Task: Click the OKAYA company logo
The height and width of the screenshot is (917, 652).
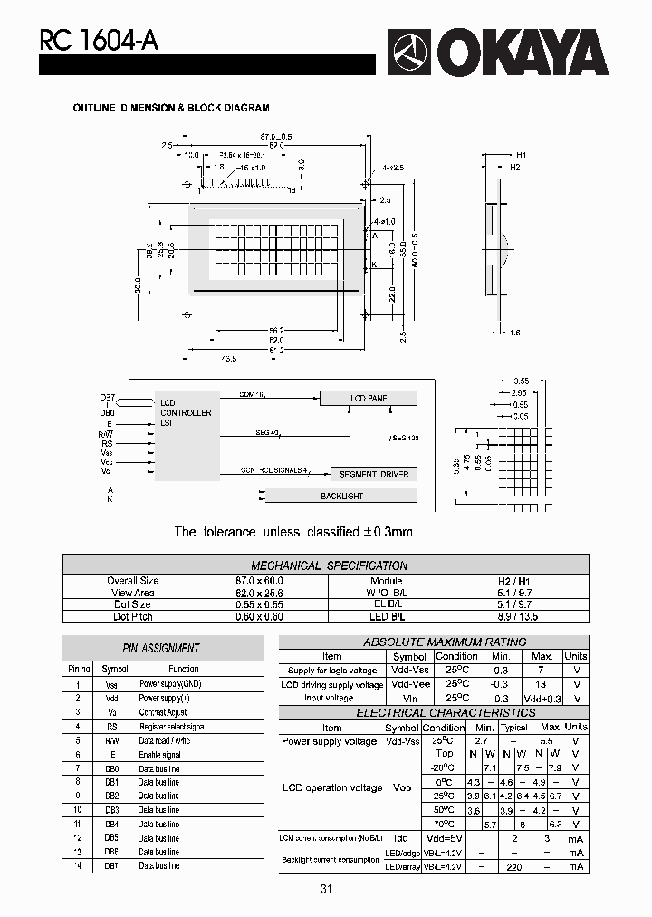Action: point(499,53)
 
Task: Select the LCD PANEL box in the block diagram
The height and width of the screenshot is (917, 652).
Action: point(369,399)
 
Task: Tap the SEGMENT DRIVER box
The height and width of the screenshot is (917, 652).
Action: point(373,474)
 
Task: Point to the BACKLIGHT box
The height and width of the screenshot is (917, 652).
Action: point(341,497)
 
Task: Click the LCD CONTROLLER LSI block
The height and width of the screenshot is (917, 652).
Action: point(187,436)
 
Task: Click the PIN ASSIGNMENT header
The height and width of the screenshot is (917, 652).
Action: point(161,648)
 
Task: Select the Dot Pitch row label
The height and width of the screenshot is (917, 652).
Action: point(133,616)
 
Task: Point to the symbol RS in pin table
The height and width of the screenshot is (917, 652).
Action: point(112,727)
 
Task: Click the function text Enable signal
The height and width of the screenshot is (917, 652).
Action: point(160,755)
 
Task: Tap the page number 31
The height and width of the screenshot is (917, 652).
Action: point(326,890)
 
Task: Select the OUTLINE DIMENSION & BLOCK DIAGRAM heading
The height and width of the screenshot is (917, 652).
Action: point(171,108)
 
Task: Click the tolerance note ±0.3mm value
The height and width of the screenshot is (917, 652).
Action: point(388,532)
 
